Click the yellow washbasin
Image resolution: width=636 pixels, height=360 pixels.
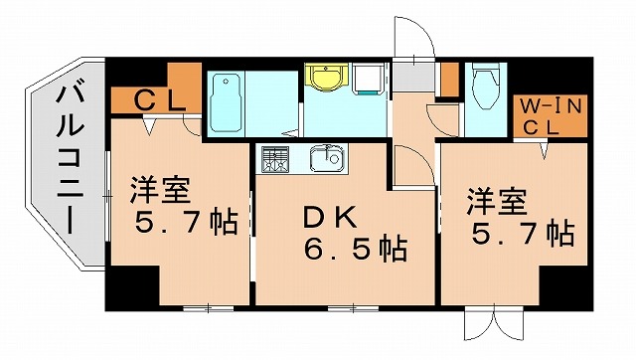tap(323, 77)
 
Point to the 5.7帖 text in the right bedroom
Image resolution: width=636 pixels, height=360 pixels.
tap(522, 235)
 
